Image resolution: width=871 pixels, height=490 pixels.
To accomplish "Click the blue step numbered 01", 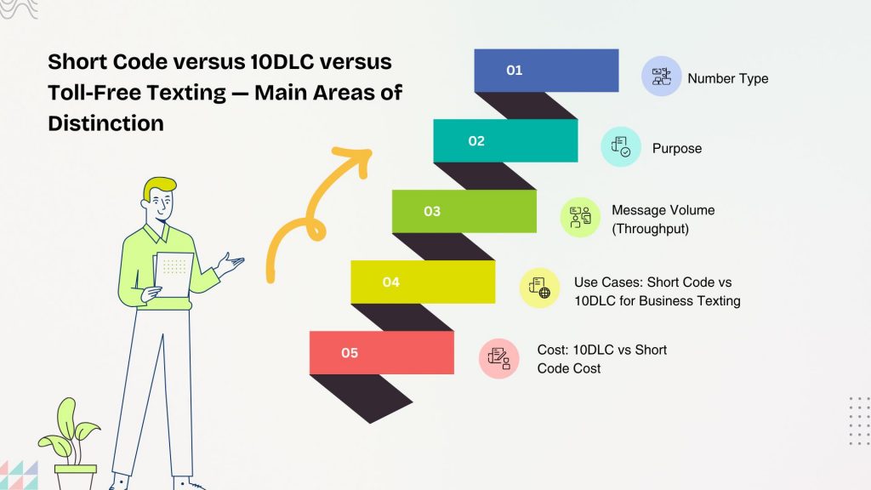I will (x=546, y=71).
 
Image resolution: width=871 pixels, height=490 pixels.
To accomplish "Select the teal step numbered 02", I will (x=505, y=140).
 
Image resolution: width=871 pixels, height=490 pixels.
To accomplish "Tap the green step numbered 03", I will (x=464, y=211).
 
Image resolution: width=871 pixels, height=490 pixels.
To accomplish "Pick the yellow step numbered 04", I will (x=423, y=282).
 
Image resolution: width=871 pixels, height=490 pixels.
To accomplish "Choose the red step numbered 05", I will (x=381, y=352).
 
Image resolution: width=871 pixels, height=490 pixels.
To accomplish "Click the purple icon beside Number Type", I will (x=661, y=77).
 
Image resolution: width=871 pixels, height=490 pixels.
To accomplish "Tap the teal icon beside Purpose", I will (x=620, y=147).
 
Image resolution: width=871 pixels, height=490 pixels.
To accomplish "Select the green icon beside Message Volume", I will (x=580, y=217).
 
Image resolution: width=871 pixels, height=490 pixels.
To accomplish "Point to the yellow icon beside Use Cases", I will (x=539, y=288).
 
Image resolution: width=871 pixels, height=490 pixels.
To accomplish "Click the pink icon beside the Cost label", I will (x=498, y=358).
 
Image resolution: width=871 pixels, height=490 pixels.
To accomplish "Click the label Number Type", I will (x=727, y=78).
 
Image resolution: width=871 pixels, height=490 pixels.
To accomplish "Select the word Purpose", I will (x=677, y=148).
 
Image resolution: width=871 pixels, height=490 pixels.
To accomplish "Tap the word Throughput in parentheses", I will (x=651, y=228).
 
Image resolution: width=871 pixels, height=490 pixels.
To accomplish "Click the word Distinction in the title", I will (x=105, y=122).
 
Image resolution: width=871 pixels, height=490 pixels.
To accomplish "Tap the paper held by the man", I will (x=174, y=273).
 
